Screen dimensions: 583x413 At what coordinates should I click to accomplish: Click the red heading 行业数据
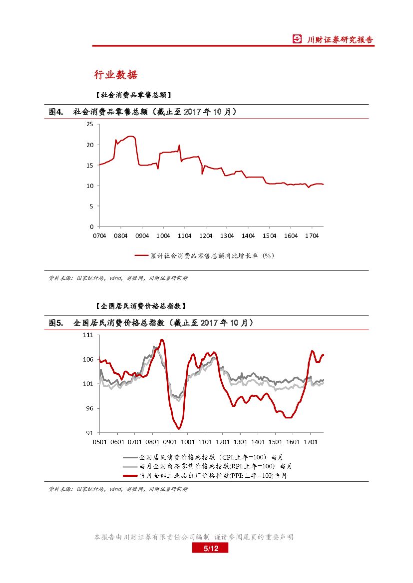[116, 75]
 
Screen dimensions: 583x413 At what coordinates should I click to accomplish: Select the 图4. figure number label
[56, 112]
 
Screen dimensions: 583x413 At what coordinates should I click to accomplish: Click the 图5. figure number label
[56, 323]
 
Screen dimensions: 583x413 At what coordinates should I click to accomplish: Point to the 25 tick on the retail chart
[90, 124]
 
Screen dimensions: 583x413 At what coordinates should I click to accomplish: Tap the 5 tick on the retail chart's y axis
[92, 206]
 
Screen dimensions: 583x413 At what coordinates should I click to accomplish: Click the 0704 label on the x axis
[100, 235]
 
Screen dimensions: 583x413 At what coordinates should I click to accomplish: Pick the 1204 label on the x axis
[206, 235]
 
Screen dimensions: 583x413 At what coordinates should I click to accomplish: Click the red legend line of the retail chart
[142, 255]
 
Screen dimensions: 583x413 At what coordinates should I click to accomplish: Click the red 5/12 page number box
[211, 549]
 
